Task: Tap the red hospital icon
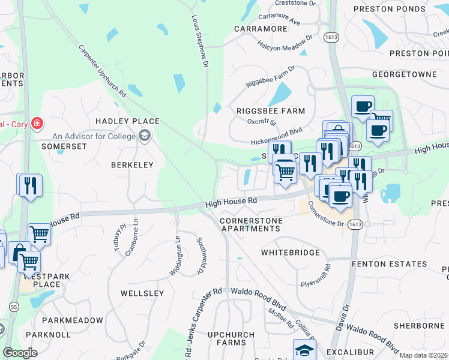(x=37, y=123)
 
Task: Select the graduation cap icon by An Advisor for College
(x=144, y=137)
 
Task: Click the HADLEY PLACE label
(x=128, y=121)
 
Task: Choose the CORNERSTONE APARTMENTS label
(x=251, y=225)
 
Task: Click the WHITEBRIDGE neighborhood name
(x=291, y=253)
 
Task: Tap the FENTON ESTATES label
(x=399, y=263)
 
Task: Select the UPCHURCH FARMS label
(x=227, y=338)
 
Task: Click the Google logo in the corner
(x=20, y=352)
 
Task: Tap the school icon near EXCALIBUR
(x=304, y=350)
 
